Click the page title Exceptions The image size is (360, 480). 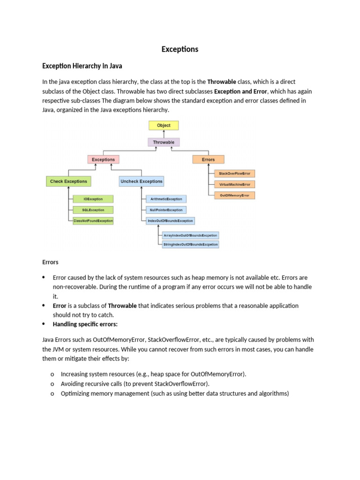click(x=180, y=49)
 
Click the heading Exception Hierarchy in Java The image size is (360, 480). click(x=82, y=66)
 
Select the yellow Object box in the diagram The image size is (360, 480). click(x=164, y=125)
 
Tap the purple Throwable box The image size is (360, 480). click(x=164, y=142)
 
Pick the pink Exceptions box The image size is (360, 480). click(x=103, y=159)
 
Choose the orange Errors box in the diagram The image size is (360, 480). click(x=208, y=159)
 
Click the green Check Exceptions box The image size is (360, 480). click(x=68, y=181)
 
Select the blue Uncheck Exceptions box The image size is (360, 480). click(x=141, y=181)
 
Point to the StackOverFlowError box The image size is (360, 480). click(x=234, y=173)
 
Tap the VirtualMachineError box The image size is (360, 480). click(x=234, y=184)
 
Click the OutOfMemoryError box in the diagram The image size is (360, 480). click(x=234, y=195)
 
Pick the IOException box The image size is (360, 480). click(x=93, y=199)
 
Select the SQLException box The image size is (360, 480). click(x=93, y=210)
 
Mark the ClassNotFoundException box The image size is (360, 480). click(x=93, y=220)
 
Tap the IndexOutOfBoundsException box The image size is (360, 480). click(x=170, y=220)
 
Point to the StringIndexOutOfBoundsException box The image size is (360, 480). click(x=190, y=244)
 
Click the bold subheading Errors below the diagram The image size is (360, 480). click(x=50, y=262)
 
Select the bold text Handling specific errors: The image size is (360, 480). click(x=85, y=324)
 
